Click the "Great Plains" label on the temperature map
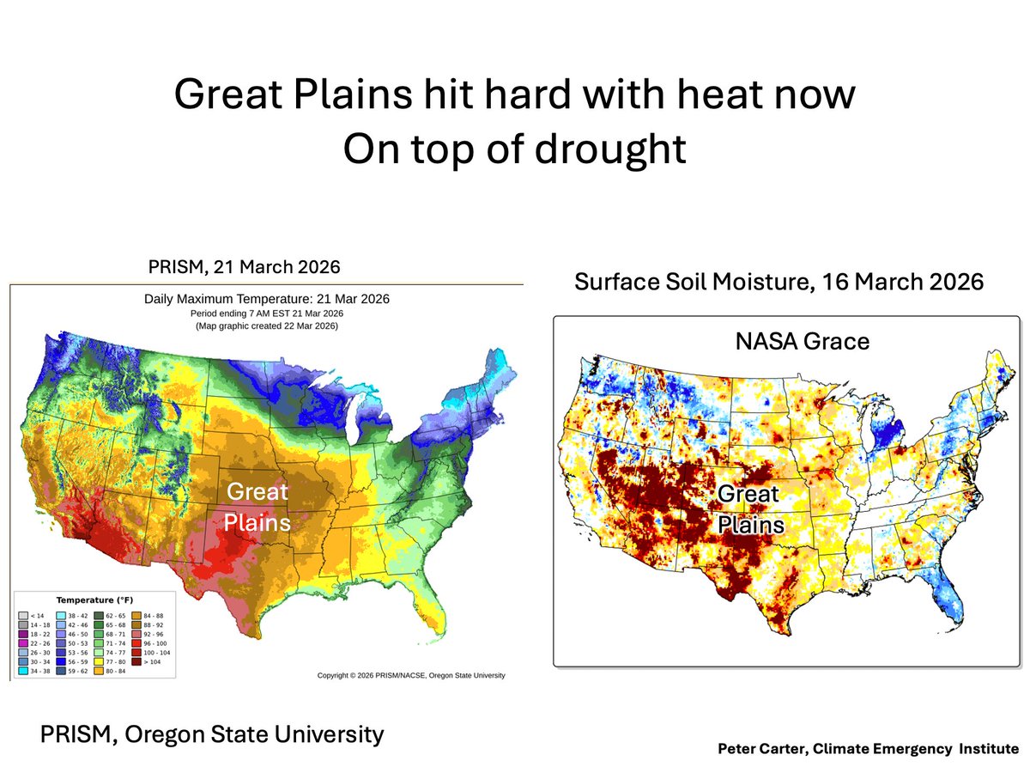click(x=257, y=506)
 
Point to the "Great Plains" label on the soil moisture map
click(x=749, y=508)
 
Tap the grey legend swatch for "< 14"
click(x=23, y=616)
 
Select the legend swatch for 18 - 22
click(x=23, y=634)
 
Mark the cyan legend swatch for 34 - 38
click(x=23, y=671)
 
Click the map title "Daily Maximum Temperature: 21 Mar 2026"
click(x=265, y=300)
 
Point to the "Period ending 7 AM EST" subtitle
click(x=265, y=313)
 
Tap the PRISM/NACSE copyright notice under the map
click(x=411, y=676)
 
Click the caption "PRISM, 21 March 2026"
click(x=245, y=267)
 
